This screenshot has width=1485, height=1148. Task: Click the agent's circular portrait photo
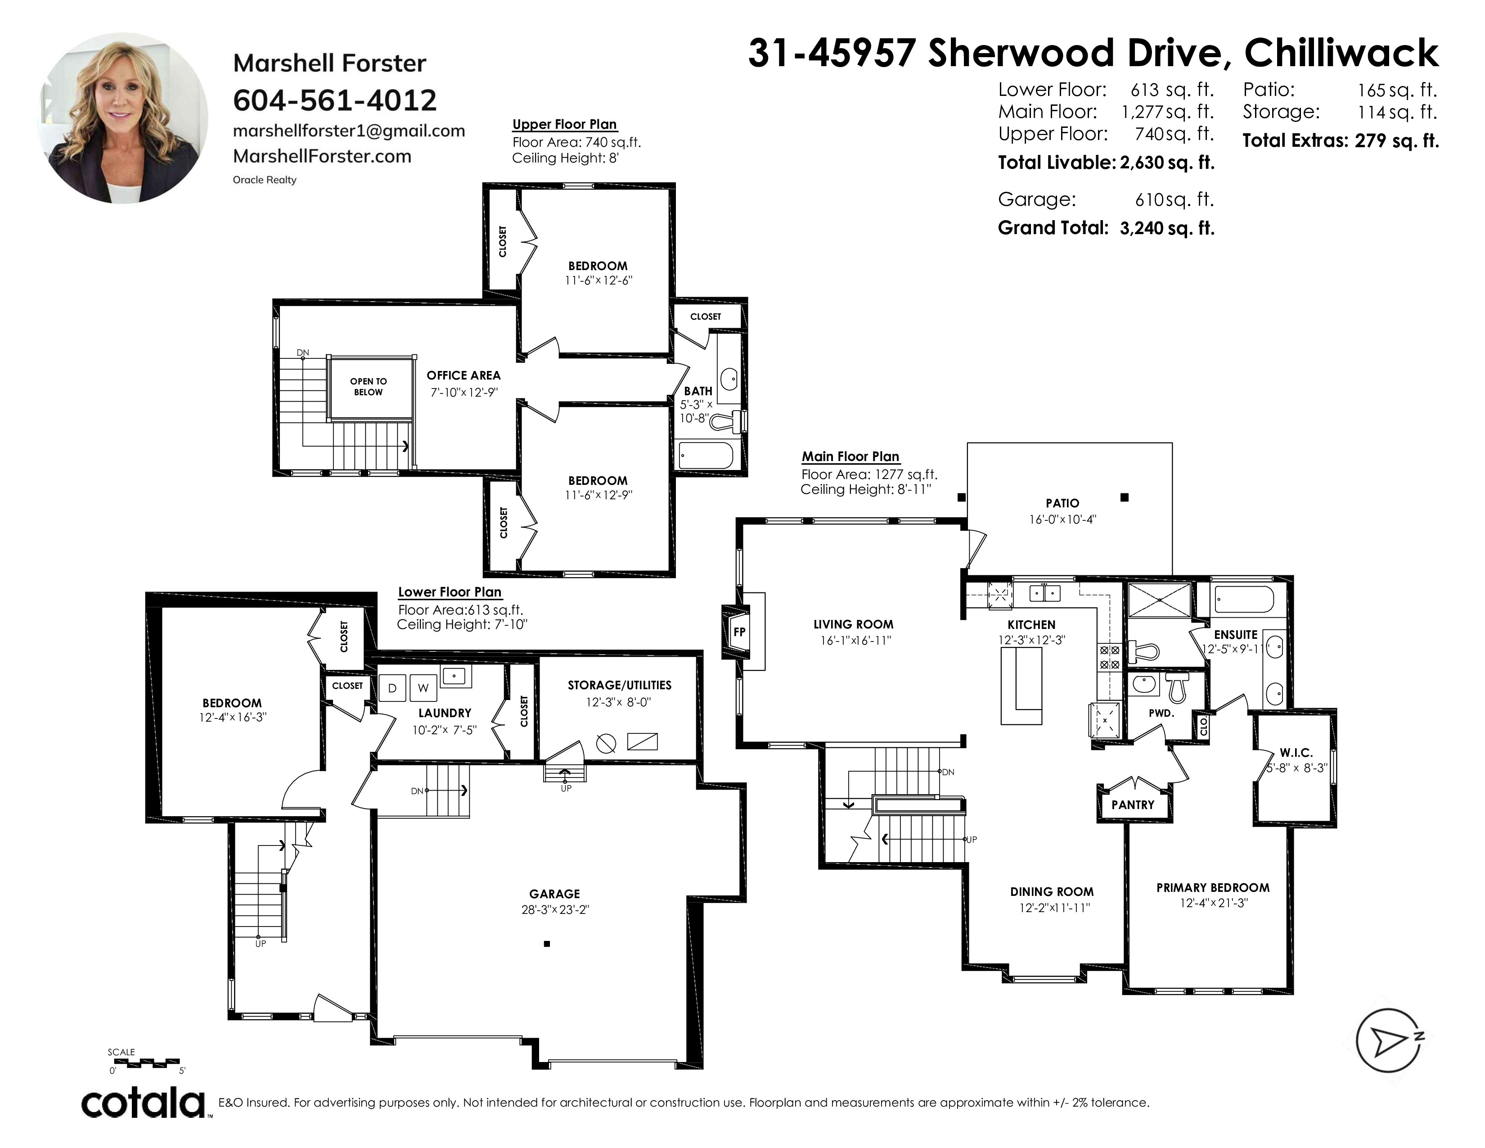pos(123,118)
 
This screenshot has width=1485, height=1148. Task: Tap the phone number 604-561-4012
pos(334,101)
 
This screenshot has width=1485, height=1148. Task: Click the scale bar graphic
pos(144,1062)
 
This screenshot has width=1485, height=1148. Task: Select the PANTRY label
pos(1133,805)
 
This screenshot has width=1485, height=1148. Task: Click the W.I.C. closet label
pos(1296,753)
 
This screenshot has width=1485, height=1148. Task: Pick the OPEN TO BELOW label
pos(369,386)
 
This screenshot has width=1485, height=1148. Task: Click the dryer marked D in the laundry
pos(392,687)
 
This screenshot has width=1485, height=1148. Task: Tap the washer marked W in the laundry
pos(423,687)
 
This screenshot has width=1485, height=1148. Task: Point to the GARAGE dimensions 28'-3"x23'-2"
pos(555,909)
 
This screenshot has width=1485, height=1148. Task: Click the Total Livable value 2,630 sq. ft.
pos(1167,163)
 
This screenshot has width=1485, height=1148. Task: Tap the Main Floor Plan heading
pos(850,456)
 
